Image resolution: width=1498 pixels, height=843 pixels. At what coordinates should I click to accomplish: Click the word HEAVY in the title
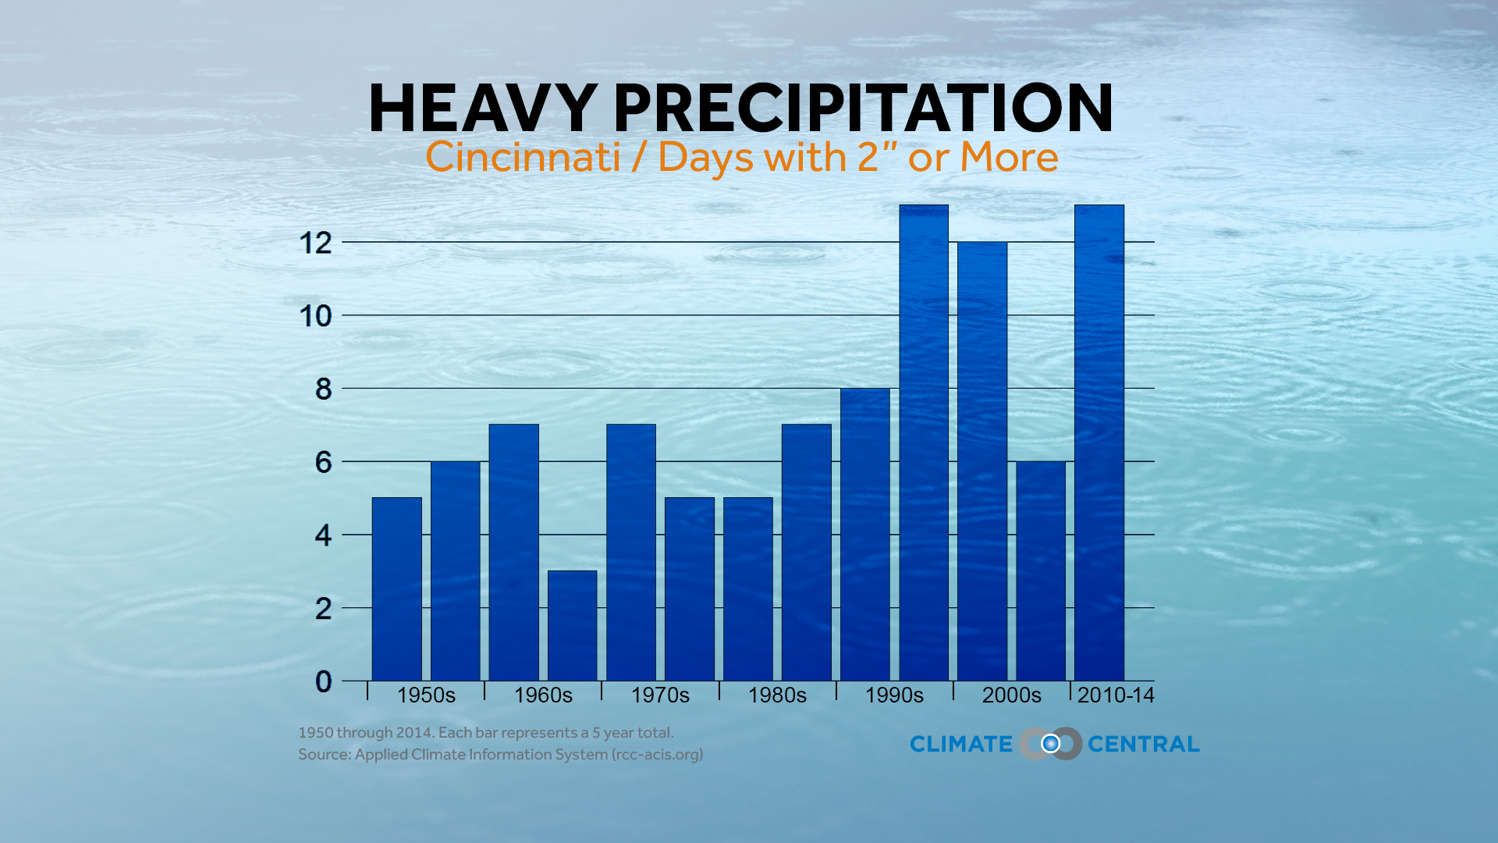point(483,109)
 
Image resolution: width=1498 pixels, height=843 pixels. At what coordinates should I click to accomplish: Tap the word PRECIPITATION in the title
point(863,109)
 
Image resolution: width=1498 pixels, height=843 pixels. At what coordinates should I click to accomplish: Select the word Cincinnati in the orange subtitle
point(523,157)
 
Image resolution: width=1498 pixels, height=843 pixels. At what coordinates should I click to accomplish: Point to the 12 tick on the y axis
point(315,243)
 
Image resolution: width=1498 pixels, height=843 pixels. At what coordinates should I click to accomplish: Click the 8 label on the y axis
point(323,389)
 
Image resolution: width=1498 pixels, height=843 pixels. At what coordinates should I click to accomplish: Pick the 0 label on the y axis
point(323,681)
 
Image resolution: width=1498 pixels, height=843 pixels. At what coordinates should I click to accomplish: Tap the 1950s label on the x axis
point(426,695)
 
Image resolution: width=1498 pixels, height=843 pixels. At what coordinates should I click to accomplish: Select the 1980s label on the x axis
point(777,695)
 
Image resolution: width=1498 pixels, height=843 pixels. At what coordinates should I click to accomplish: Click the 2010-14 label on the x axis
point(1115,695)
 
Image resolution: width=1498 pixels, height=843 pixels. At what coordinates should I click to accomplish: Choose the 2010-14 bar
point(1099,445)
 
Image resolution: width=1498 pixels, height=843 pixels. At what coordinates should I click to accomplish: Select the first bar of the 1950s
point(396,589)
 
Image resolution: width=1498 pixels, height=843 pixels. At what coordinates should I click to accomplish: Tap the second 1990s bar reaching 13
point(923,445)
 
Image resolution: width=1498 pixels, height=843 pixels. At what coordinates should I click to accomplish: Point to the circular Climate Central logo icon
point(1050,744)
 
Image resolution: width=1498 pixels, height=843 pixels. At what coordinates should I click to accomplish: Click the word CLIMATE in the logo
point(960,745)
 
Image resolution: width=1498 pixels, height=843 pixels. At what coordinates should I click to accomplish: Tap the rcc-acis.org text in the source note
point(657,755)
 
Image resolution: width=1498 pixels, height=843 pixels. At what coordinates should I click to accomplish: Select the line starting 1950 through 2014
point(485,733)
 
